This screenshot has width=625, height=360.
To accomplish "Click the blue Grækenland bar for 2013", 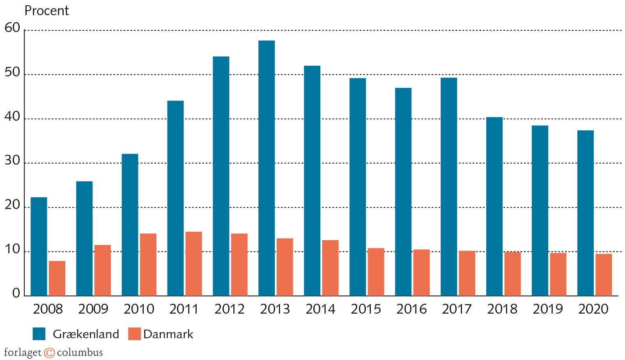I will [x=267, y=168].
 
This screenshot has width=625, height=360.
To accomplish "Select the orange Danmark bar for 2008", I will [x=57, y=278].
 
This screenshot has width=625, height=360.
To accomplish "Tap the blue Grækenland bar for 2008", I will [x=39, y=246].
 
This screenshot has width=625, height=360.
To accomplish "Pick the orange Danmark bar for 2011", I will [x=194, y=264].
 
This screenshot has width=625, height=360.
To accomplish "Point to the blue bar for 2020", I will [x=585, y=213].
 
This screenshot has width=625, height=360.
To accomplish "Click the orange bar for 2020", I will [x=604, y=275].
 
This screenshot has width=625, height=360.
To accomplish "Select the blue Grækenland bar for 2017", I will [x=449, y=187].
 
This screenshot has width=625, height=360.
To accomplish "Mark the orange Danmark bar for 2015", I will [x=376, y=272].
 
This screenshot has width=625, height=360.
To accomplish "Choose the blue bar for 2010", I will [x=130, y=225].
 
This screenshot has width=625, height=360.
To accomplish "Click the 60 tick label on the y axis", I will [x=12, y=28].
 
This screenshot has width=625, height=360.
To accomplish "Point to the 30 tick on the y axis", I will [x=12, y=161].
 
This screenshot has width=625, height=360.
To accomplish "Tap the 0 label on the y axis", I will [x=16, y=293].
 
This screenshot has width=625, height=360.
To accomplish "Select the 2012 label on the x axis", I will [x=230, y=309].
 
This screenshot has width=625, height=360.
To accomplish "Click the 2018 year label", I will [x=503, y=309].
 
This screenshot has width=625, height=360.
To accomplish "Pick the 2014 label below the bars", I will [x=321, y=309].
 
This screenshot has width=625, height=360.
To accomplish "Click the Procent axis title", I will [x=47, y=11].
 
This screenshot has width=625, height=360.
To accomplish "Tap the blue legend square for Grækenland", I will [x=39, y=334].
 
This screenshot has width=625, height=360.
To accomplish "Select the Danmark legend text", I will [x=168, y=334].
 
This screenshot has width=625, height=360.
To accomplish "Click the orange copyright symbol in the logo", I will [x=49, y=353].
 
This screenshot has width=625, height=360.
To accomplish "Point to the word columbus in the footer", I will [x=80, y=353].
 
